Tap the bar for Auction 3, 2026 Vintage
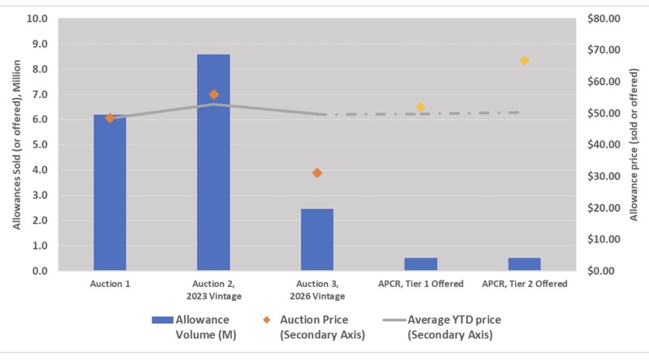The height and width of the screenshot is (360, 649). click(317, 239)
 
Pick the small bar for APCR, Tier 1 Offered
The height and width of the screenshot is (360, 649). click(421, 264)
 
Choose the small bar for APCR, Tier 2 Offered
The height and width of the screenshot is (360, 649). click(524, 264)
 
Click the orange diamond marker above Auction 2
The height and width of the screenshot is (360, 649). click(214, 94)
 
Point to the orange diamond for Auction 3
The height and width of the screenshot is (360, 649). click(317, 173)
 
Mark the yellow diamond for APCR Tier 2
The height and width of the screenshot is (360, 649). click(525, 61)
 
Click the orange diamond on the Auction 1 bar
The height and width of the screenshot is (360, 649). click(110, 118)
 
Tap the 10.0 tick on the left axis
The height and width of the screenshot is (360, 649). click(38, 19)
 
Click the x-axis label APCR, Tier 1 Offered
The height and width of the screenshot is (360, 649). click(420, 284)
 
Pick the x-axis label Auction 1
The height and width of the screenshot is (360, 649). click(110, 284)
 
